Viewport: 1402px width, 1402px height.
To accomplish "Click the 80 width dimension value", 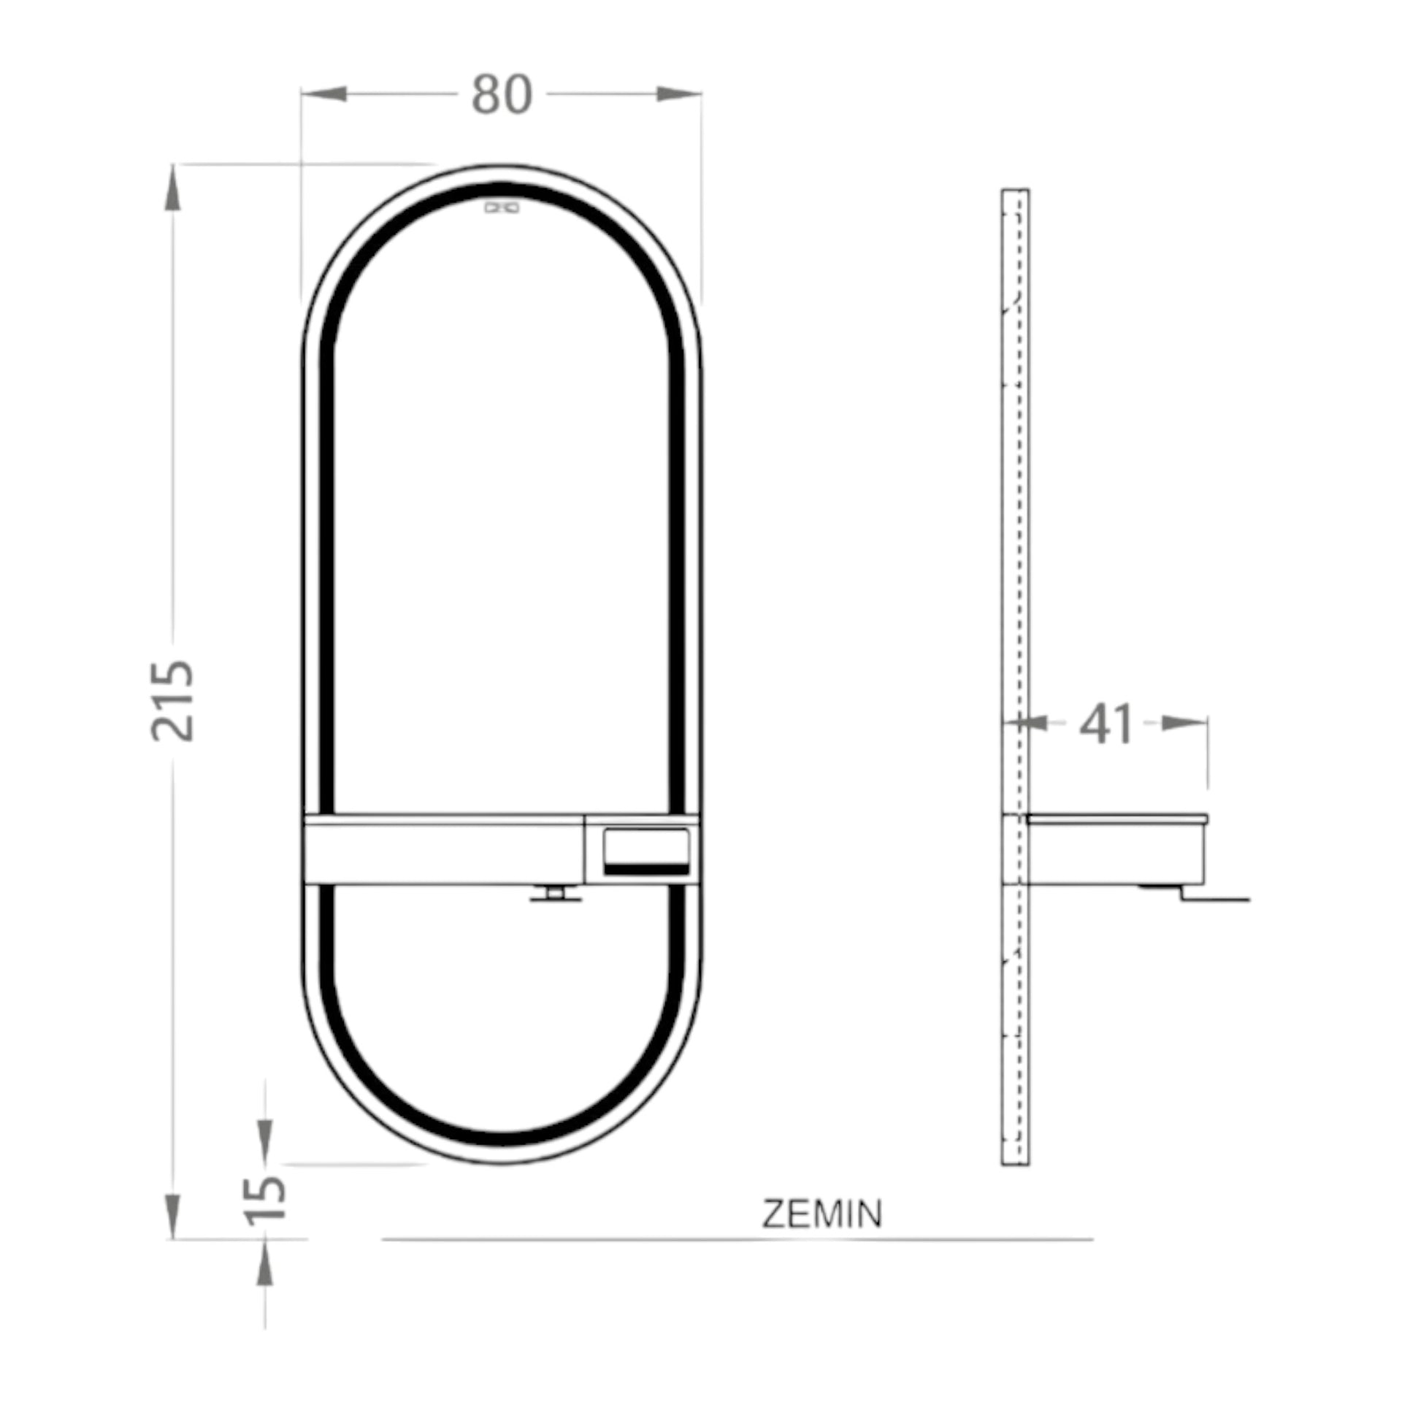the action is (502, 95).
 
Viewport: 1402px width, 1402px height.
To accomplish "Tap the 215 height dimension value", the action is (173, 701).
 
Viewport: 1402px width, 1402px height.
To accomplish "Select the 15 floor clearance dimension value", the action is (265, 1200).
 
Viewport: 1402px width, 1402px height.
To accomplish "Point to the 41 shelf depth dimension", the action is (1106, 724).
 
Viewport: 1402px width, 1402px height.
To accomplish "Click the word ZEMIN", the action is (822, 1214).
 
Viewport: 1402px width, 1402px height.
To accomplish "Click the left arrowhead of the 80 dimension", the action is (323, 94).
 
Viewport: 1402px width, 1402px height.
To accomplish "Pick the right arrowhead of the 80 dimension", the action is (679, 94).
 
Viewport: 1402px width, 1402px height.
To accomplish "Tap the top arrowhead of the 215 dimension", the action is (173, 188).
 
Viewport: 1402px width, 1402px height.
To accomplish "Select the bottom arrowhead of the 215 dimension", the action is (173, 1216).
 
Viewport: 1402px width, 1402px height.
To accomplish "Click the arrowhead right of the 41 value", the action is (1184, 723).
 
